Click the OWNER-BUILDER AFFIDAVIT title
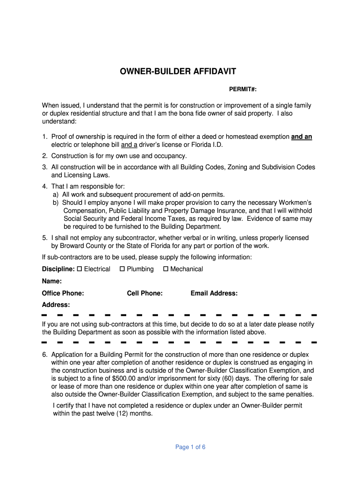click(x=178, y=72)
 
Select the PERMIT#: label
click(x=243, y=89)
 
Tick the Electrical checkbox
click(x=79, y=269)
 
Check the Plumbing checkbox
click(x=122, y=269)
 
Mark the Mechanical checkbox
click(x=166, y=269)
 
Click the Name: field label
click(x=52, y=281)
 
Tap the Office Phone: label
click(x=63, y=293)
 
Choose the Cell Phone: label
click(x=145, y=293)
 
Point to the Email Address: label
click(x=214, y=293)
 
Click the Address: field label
click(x=56, y=305)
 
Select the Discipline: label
click(x=58, y=269)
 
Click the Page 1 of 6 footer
click(x=190, y=447)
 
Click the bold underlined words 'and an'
click(x=302, y=137)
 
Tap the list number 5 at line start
click(x=44, y=238)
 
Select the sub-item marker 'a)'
click(x=56, y=194)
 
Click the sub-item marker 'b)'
click(x=56, y=203)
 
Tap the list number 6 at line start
click(x=44, y=355)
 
